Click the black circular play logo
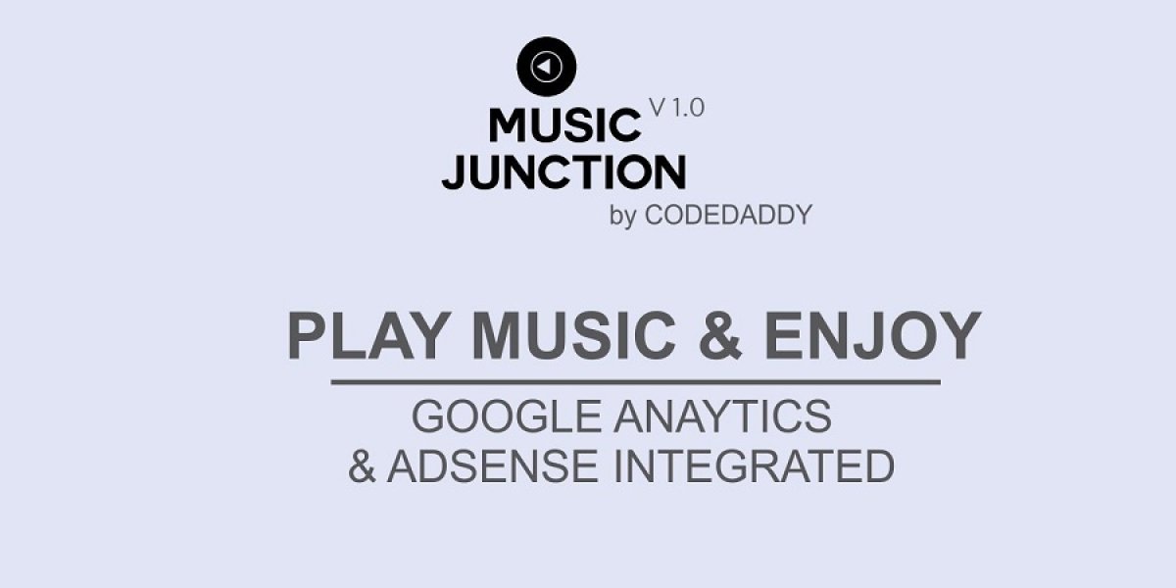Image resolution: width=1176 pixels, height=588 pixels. coord(547,66)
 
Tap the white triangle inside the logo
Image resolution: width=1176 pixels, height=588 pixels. coord(546,66)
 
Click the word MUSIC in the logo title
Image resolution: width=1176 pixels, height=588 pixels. coord(563,125)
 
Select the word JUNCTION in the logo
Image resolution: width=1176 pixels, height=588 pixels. coord(563,171)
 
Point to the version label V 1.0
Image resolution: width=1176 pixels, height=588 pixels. coord(676,108)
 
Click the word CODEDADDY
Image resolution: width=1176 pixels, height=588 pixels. coord(728,216)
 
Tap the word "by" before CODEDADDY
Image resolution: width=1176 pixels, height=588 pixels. coord(623,217)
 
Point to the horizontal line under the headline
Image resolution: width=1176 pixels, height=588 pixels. coord(635,381)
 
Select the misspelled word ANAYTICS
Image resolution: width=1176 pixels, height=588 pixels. coord(722,417)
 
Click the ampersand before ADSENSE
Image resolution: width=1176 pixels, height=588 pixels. coord(363,465)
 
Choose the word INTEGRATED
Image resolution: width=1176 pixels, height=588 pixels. coord(755,465)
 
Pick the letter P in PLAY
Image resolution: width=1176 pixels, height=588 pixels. coord(307,336)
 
